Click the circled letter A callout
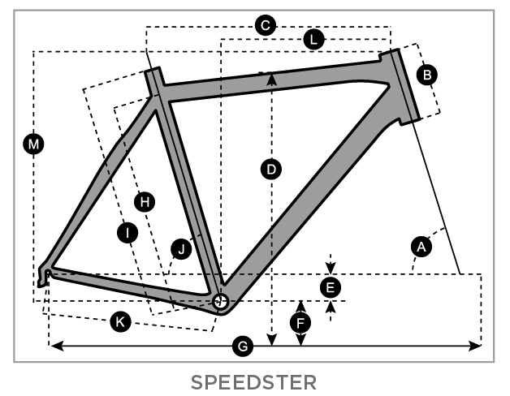click(x=421, y=247)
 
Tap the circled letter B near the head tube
click(x=427, y=75)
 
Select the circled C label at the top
click(x=266, y=25)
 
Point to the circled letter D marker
click(x=271, y=170)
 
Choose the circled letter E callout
click(x=331, y=288)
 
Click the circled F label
click(x=300, y=323)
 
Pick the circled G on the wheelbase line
click(x=243, y=346)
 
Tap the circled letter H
click(x=145, y=202)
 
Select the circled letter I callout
click(x=127, y=233)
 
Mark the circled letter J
click(x=181, y=249)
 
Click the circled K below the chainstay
click(x=120, y=322)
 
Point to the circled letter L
click(x=313, y=40)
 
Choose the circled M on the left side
click(x=34, y=144)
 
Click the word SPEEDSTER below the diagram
click(x=253, y=383)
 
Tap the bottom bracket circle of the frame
click(x=220, y=301)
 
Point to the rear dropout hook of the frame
click(x=43, y=278)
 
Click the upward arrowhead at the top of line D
click(x=271, y=79)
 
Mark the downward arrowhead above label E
click(x=331, y=269)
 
